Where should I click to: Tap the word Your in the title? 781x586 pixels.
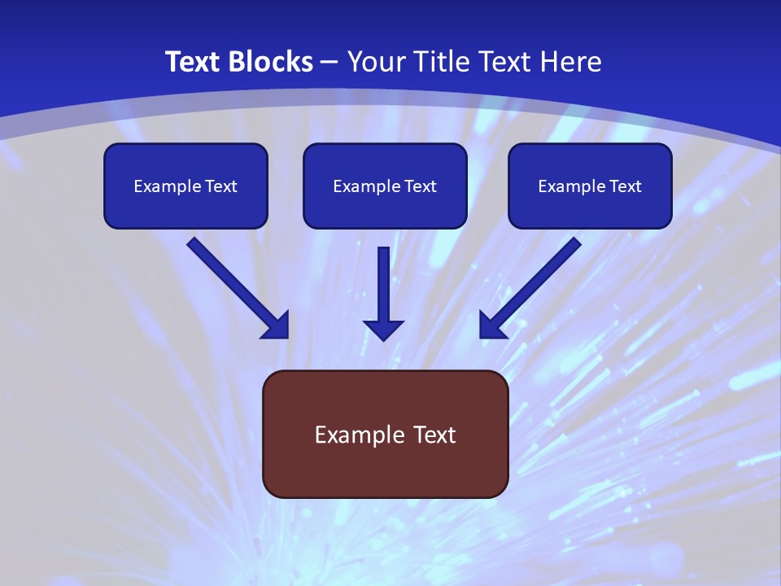(375, 62)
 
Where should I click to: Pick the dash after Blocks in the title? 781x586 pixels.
(329, 63)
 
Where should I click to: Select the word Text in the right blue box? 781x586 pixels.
(626, 186)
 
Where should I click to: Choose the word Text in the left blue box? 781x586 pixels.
(221, 186)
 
